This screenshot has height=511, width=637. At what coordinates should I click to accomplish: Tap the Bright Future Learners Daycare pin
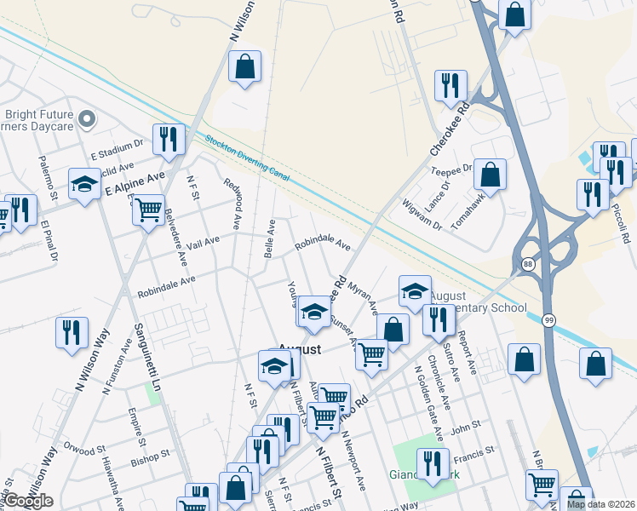[x=85, y=120]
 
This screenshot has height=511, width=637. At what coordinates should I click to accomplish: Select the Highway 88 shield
[x=528, y=264]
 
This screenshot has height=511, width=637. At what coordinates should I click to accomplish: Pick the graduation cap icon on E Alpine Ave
[x=84, y=185]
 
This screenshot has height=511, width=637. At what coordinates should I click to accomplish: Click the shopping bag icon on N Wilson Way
[x=244, y=66]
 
